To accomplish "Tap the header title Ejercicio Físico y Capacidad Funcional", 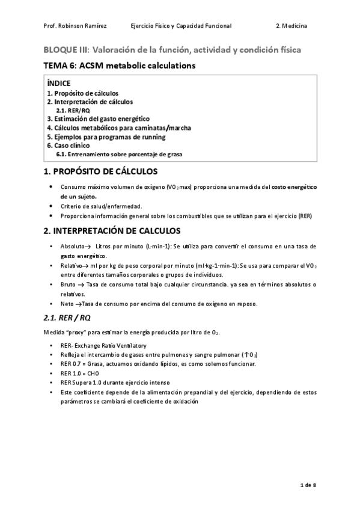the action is click(180, 26).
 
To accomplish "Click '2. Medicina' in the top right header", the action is click(291, 26).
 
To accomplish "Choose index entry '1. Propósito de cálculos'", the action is click(82, 93).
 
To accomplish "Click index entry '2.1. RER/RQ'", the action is click(73, 111).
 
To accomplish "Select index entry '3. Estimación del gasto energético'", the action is click(98, 119).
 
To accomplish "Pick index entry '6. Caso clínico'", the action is click(69, 145).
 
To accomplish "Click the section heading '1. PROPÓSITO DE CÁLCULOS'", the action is click(100, 172).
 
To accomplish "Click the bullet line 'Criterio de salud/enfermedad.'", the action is click(101, 206).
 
